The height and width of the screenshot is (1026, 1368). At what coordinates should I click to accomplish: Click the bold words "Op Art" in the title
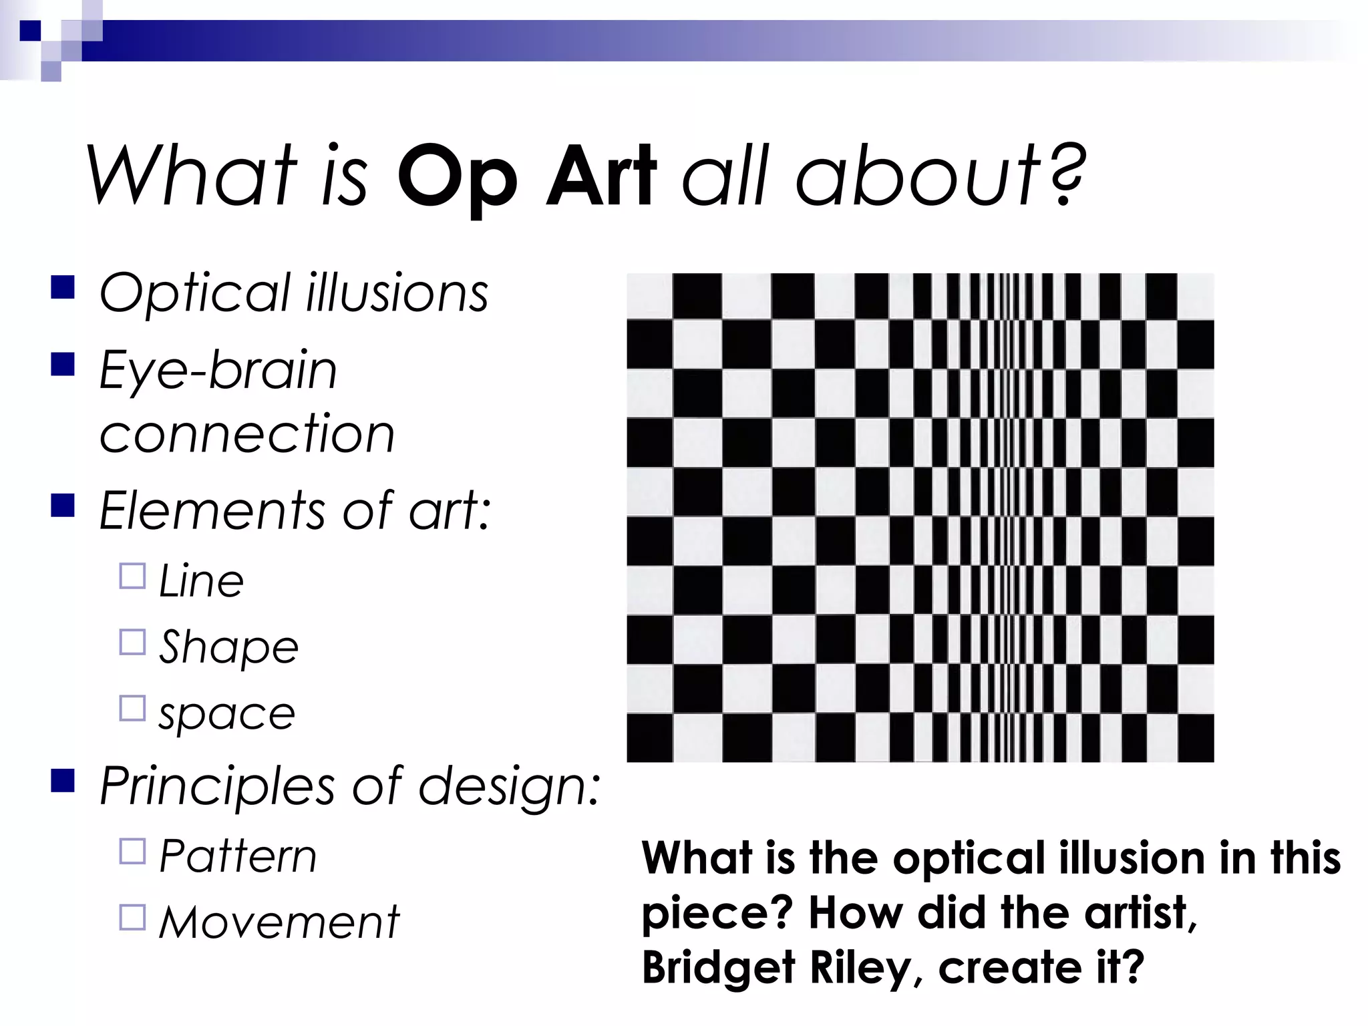pos(526,177)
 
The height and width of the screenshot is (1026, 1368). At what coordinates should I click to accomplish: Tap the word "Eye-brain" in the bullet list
pos(218,371)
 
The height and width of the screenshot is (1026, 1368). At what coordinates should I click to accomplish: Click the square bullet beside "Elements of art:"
pos(62,506)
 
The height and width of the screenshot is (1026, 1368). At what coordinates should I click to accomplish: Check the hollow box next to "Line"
pos(132,576)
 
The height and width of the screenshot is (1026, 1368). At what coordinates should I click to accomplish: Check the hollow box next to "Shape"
pos(132,642)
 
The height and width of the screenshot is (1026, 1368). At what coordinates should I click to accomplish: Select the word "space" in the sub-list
pos(226,714)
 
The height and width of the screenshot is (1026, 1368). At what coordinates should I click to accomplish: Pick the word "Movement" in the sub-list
pos(279,922)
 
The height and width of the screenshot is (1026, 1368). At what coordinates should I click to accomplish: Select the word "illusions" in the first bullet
pos(397,294)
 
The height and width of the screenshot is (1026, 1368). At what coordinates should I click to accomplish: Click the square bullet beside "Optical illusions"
pos(62,289)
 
